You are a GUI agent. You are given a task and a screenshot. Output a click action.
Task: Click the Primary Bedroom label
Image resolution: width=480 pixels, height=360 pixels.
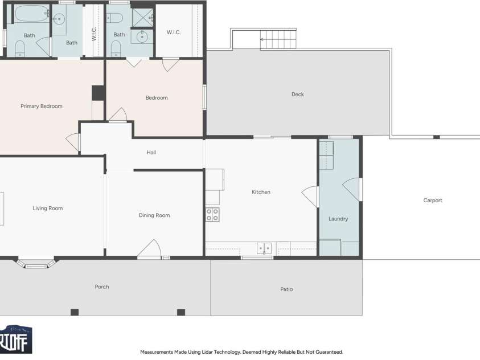[42, 106]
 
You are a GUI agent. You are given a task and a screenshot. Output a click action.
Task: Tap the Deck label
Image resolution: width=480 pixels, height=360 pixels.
[298, 95]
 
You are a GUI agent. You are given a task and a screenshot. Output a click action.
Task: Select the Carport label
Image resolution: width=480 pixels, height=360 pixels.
[433, 200]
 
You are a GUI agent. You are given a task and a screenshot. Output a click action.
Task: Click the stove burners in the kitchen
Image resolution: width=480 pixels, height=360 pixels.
[212, 214]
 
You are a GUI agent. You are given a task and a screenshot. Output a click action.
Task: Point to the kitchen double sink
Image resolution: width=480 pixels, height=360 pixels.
[264, 248]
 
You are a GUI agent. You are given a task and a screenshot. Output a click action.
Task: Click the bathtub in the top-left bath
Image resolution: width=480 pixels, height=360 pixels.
[31, 13]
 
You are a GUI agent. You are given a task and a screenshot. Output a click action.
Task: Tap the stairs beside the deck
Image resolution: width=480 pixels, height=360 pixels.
[278, 39]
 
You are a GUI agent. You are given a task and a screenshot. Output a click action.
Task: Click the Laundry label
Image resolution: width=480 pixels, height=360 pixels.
[338, 219]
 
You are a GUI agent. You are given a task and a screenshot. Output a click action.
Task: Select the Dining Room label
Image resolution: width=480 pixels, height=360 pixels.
[154, 215]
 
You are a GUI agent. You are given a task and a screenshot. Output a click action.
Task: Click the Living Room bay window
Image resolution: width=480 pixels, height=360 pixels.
[36, 264]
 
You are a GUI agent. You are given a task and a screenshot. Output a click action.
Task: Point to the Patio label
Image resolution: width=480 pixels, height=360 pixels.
[286, 289]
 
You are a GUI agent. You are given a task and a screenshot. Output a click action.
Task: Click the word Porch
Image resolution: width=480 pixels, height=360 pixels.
[102, 287]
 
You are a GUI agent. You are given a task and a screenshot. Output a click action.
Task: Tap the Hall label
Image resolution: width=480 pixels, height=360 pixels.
[151, 153]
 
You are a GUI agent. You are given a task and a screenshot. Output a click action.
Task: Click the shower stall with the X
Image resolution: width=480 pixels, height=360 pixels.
[142, 18]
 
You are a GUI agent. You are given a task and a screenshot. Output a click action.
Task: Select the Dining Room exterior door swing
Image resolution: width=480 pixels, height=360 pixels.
[149, 248]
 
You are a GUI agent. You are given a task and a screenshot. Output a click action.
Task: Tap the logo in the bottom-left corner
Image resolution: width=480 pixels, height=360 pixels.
[15, 339]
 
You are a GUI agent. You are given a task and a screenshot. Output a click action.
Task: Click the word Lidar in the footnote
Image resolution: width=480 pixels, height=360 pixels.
[208, 352]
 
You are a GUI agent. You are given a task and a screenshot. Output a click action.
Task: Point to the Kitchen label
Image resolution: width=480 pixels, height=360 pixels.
[261, 192]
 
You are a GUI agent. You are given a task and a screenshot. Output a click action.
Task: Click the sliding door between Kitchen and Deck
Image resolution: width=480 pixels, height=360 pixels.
[272, 137]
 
